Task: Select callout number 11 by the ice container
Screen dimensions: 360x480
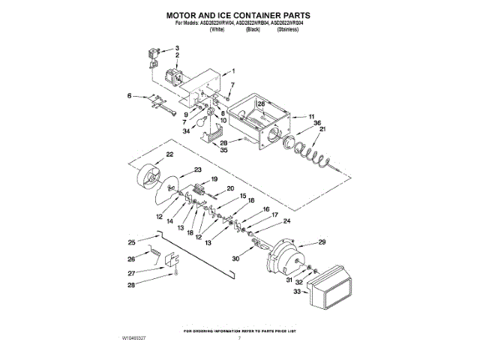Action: point(311,117)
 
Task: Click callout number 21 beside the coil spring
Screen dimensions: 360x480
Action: point(323,130)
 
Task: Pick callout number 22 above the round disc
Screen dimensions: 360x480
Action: point(169,154)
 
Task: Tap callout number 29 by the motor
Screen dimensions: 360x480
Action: point(322,241)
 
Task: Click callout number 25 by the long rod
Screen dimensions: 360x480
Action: point(132,241)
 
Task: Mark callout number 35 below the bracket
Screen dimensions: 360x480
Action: point(223,150)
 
